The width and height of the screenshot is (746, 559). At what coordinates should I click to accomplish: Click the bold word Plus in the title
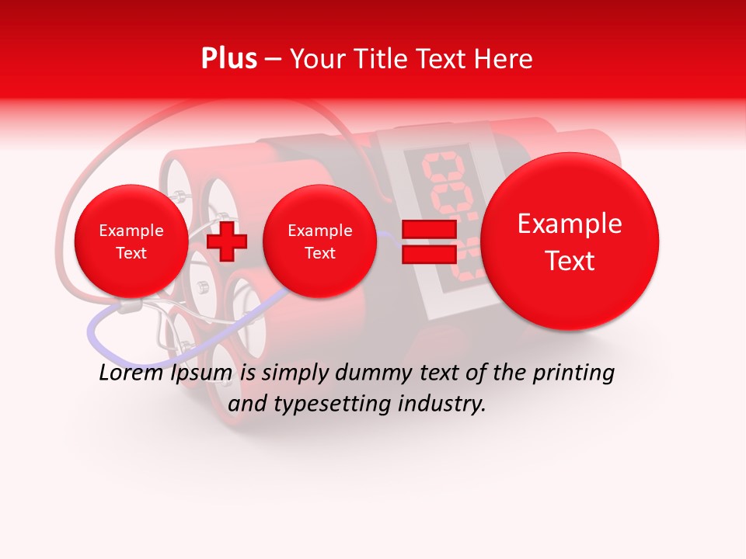[228, 58]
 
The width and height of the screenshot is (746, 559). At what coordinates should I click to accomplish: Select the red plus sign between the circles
[227, 241]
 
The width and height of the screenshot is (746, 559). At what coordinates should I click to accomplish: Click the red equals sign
[427, 241]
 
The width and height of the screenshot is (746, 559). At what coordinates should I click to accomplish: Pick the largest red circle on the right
[570, 241]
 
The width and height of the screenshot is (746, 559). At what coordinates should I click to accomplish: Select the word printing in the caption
[573, 373]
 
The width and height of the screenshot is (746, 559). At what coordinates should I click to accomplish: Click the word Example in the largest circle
[570, 224]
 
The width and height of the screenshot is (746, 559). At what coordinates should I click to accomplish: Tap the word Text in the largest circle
[570, 261]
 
